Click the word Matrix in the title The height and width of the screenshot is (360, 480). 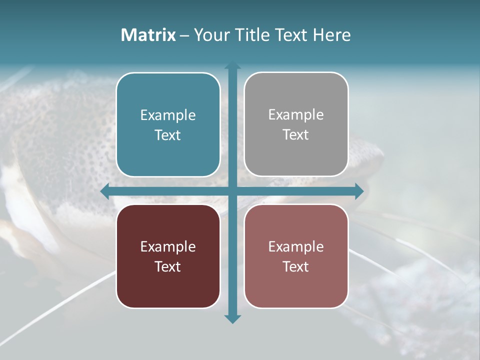pyautogui.click(x=148, y=35)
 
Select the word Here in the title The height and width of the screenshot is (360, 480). pyautogui.click(x=331, y=35)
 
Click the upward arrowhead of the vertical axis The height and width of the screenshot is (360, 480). pyautogui.click(x=232, y=65)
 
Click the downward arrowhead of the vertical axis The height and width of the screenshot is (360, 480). pyautogui.click(x=232, y=318)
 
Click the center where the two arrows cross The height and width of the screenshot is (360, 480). pyautogui.click(x=232, y=191)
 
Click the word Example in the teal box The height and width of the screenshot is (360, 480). pyautogui.click(x=168, y=115)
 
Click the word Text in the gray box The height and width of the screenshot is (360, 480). pyautogui.click(x=296, y=135)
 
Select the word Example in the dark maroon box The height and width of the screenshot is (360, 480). pyautogui.click(x=168, y=246)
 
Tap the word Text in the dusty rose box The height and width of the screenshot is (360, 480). pyautogui.click(x=296, y=266)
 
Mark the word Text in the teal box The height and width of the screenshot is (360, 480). pyautogui.click(x=168, y=135)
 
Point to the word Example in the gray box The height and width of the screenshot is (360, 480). pyautogui.click(x=296, y=115)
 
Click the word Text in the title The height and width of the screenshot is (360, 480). pyautogui.click(x=292, y=35)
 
